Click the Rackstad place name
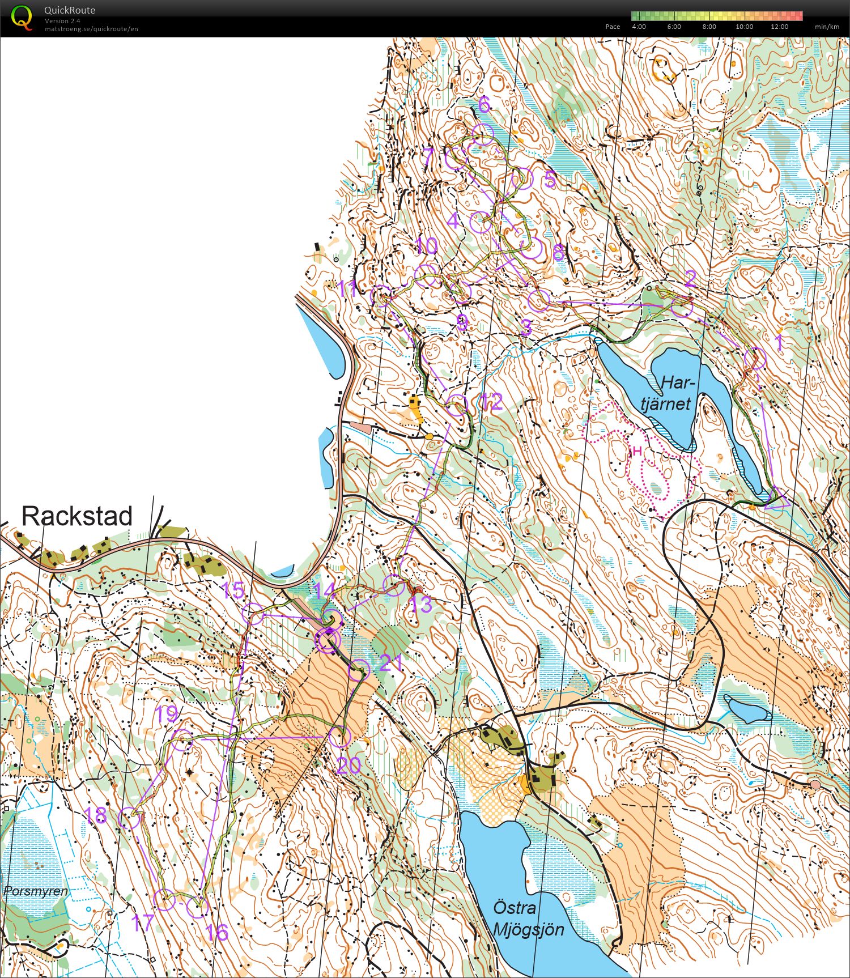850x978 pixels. coord(77,516)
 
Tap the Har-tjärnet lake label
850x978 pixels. coord(670,393)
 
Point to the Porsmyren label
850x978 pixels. coord(35,891)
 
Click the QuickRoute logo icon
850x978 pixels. coord(22,17)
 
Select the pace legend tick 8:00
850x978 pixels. coord(709,27)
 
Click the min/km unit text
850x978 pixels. coord(827,27)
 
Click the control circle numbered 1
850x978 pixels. coord(755,359)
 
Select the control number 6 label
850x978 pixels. coord(483,104)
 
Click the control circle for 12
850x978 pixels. coord(457,406)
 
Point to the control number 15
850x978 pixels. coord(233,590)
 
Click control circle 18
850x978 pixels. coord(129,818)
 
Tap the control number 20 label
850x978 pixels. coord(348,766)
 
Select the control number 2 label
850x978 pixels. coord(690,279)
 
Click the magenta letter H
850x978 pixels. coord(637,452)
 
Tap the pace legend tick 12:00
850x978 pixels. coord(779,27)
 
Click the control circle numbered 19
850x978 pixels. coord(182,740)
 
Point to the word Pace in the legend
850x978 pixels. coord(613,27)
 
